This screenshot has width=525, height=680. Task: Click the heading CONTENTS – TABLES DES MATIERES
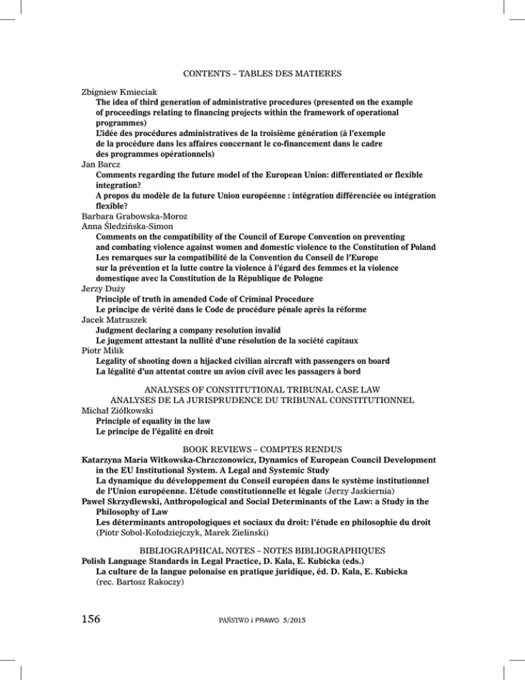coord(262,70)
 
